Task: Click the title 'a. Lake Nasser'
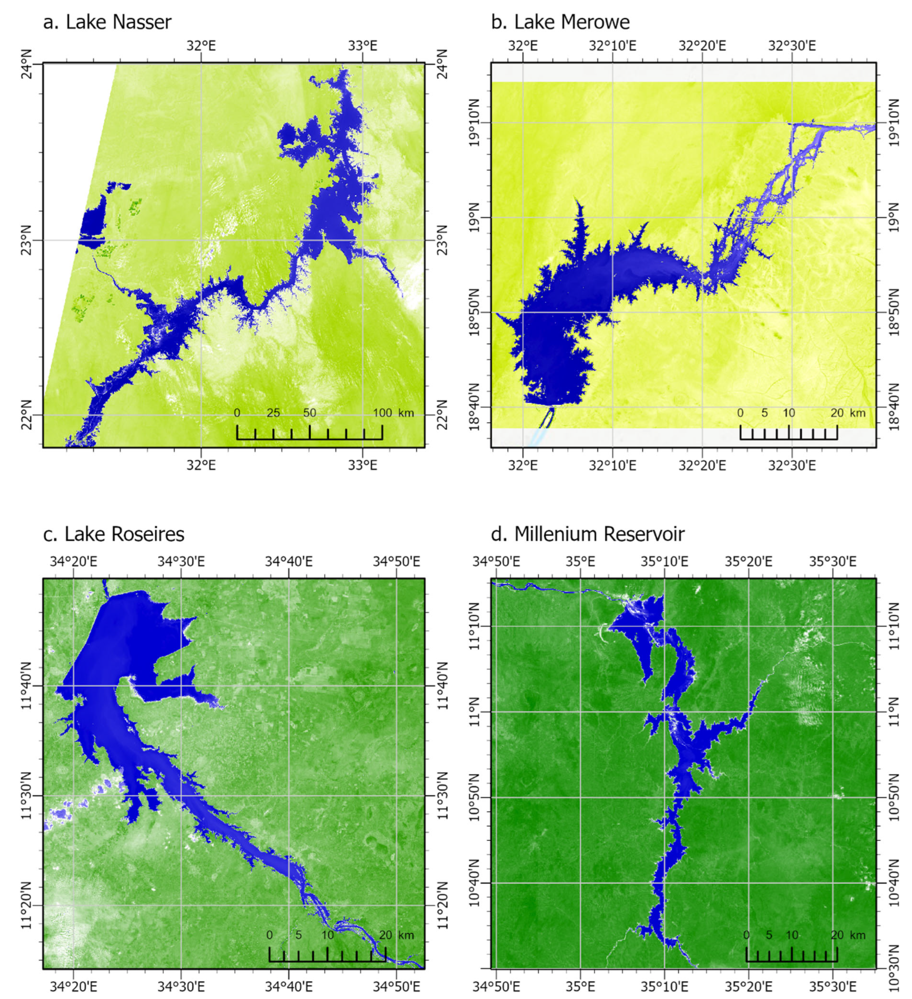107,22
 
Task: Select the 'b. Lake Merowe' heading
560,22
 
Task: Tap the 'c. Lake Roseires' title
114,534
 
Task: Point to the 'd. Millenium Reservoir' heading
587,534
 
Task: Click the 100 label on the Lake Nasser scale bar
382,413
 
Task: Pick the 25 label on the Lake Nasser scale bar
273,413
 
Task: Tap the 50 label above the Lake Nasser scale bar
310,413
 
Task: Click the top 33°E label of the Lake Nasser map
362,46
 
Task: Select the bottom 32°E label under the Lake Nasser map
201,465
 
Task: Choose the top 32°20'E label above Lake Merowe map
702,46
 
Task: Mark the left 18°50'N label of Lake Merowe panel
475,312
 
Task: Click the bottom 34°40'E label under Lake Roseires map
288,987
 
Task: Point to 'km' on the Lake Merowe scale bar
858,413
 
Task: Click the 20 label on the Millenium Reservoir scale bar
837,935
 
